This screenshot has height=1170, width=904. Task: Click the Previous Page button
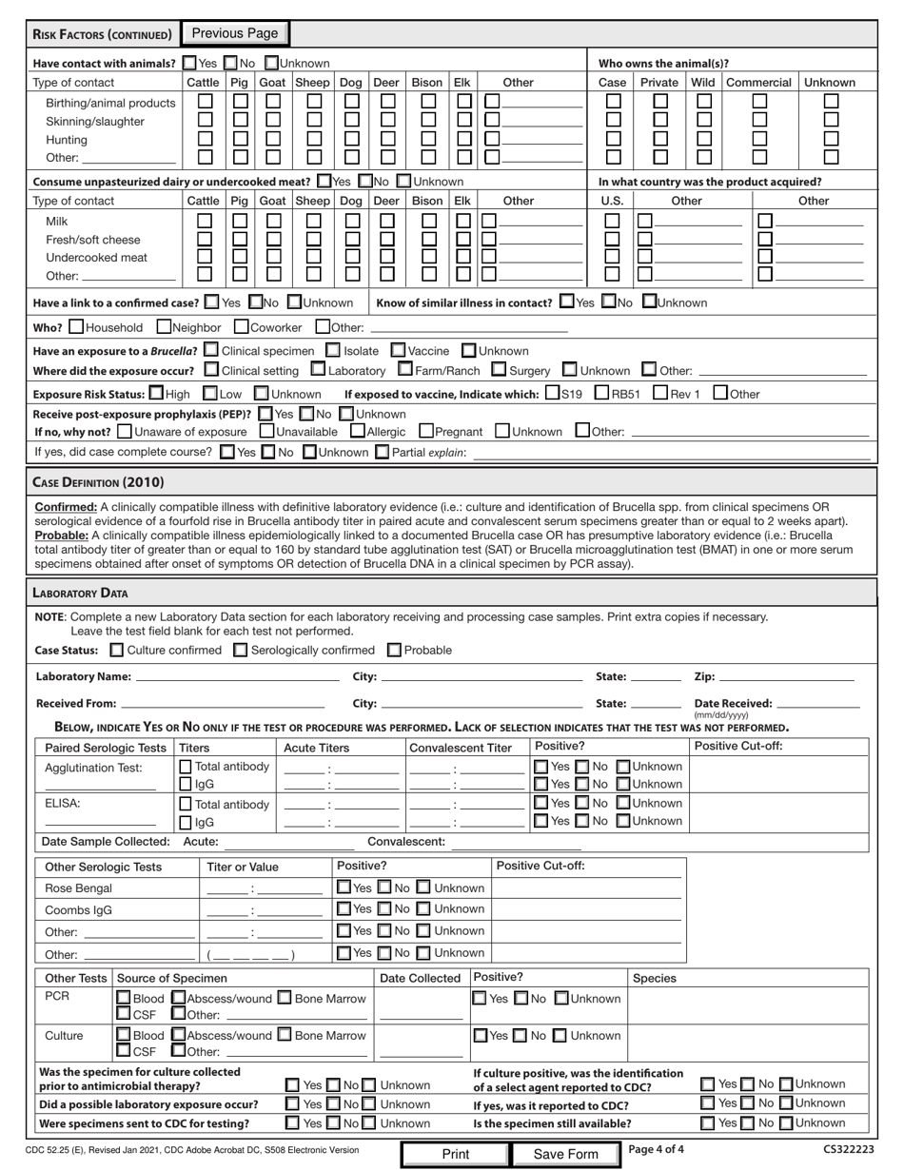click(235, 34)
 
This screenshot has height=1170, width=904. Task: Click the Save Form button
click(565, 1154)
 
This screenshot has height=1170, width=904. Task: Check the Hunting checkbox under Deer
click(387, 140)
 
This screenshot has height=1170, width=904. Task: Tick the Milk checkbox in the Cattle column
click(204, 221)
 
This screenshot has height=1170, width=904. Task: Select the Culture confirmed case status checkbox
click(117, 651)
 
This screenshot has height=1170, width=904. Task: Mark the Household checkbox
click(76, 328)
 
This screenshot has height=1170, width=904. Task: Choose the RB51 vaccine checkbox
click(602, 394)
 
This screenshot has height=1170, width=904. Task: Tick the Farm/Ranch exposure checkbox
click(405, 370)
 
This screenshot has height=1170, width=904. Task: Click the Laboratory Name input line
click(238, 678)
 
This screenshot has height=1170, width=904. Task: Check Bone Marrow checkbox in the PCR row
click(285, 999)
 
